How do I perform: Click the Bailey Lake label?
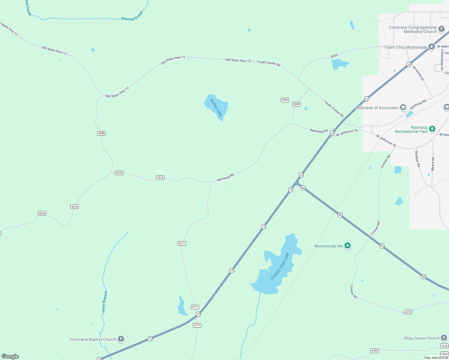(216, 107)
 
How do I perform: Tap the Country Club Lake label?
(279, 266)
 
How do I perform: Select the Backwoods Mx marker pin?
(348, 246)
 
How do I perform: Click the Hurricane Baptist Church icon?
(121, 339)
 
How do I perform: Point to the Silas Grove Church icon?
(444, 338)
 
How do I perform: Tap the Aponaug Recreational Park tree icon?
(432, 129)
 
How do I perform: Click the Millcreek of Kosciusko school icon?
(403, 107)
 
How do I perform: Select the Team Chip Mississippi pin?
(431, 47)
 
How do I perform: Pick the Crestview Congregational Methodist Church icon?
(441, 29)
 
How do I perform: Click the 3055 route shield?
(101, 133)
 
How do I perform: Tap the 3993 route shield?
(285, 100)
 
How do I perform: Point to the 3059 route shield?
(297, 104)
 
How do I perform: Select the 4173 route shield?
(408, 312)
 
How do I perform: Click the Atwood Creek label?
(132, 16)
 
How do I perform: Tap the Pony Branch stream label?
(105, 301)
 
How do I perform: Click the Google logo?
(10, 356)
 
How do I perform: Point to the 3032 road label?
(334, 56)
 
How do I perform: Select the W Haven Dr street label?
(418, 73)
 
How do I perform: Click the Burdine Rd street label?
(417, 159)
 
